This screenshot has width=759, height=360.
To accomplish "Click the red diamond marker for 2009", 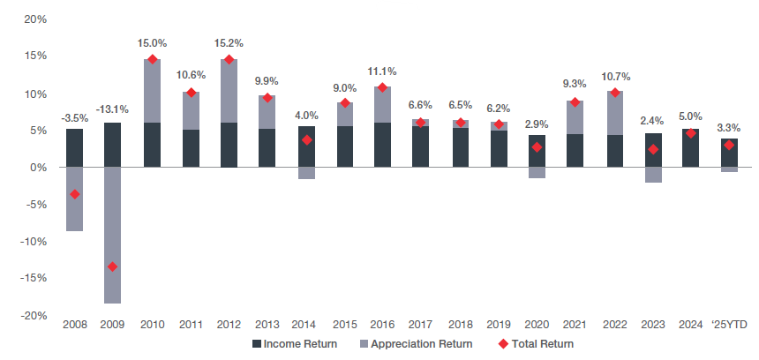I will (112, 266).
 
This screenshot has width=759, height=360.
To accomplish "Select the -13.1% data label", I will (112, 109).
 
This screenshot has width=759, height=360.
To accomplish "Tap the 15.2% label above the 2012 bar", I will (228, 42).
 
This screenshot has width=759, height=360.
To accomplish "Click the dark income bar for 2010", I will (152, 145).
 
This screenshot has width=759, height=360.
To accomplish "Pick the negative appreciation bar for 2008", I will (74, 199).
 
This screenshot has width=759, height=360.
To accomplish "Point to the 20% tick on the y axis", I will (34, 19).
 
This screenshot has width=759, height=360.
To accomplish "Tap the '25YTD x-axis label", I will (729, 325).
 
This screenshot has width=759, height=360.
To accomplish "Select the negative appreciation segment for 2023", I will (652, 175).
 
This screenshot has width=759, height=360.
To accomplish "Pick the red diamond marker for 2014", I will (305, 139).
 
